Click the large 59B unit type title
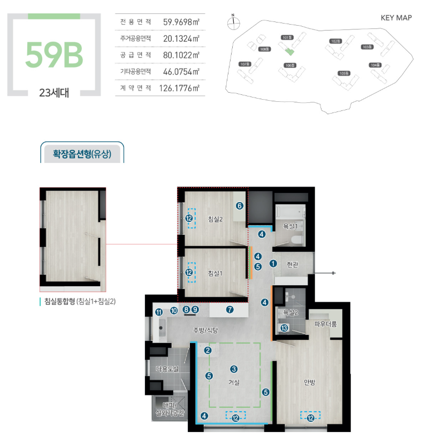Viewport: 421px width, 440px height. coord(54,55)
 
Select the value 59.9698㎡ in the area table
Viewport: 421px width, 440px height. coord(181,22)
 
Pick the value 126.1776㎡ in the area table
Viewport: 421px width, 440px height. coord(179,88)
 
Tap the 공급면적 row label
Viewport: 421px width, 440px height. coord(135,55)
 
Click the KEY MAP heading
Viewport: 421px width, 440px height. coord(396,18)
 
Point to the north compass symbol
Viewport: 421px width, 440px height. coord(233,23)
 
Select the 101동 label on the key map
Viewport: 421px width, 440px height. coord(287,38)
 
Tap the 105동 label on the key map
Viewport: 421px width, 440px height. coord(344,73)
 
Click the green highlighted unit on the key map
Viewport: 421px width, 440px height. coord(289,51)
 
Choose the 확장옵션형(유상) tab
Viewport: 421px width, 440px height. coord(82,154)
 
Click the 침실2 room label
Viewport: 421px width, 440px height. coord(215,219)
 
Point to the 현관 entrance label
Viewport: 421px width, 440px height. coord(293,264)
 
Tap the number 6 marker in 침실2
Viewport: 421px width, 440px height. coord(240,206)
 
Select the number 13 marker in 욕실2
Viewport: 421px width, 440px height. coord(284,328)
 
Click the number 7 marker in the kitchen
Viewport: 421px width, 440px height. coord(229,310)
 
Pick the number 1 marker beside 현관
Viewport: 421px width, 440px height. coord(273,263)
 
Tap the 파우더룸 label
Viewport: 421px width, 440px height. coord(325,324)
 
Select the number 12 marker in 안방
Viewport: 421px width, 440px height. coord(310,418)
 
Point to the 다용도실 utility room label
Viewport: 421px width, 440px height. coord(167,368)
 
